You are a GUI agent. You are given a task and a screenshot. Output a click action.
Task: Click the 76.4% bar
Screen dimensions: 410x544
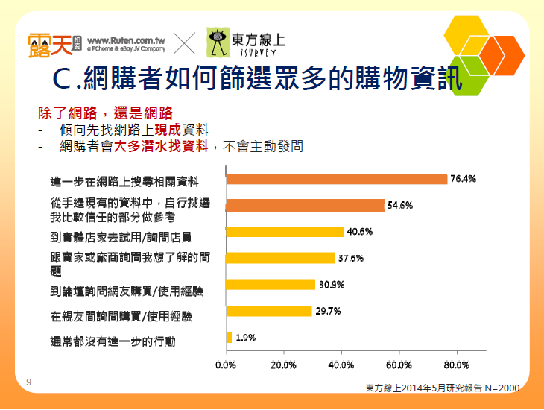[336, 179]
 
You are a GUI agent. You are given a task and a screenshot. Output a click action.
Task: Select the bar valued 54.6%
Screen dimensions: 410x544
[305, 206]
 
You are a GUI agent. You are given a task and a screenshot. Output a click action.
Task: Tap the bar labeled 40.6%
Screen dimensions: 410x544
[284, 232]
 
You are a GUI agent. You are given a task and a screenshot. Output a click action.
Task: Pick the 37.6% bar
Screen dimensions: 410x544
[280, 258]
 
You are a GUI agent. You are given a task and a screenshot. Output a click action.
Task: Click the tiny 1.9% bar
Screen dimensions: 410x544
[229, 337]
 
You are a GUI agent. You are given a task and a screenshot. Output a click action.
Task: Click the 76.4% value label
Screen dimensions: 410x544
[464, 179]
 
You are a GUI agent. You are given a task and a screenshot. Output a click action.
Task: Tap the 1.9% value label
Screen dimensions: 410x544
[246, 337]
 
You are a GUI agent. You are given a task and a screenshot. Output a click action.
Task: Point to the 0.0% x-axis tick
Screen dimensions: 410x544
[225, 365]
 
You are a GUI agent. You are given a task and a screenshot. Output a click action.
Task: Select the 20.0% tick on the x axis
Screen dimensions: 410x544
[282, 365]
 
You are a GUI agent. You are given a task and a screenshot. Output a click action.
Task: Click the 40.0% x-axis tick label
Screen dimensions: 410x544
[341, 365]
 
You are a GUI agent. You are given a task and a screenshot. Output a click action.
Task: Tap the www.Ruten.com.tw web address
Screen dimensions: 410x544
[126, 40]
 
